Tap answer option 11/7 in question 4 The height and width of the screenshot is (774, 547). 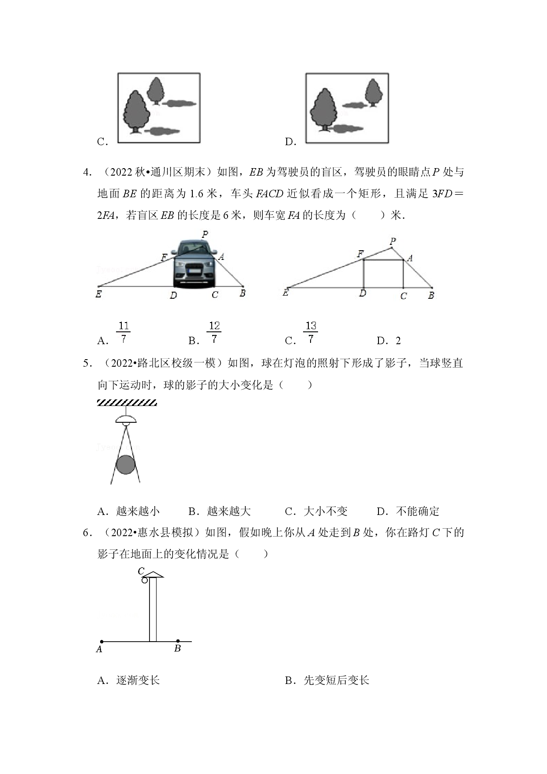click(x=123, y=333)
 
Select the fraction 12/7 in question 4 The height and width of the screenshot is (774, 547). click(x=214, y=333)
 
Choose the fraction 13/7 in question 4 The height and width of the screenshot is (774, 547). click(x=311, y=333)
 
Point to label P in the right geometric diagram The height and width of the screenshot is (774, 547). click(x=393, y=241)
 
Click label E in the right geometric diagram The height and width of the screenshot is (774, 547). click(x=286, y=292)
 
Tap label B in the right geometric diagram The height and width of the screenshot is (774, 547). click(x=431, y=295)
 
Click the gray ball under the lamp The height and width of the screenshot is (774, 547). click(x=125, y=465)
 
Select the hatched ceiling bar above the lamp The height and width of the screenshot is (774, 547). click(x=127, y=402)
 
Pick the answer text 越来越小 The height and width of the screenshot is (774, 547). click(x=138, y=511)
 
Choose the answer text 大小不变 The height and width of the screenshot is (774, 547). click(x=326, y=511)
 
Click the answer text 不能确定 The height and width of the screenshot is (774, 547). click(x=418, y=511)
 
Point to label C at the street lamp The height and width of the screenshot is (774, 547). click(x=141, y=571)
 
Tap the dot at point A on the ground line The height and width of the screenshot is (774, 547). click(x=102, y=642)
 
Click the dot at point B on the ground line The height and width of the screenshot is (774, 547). click(x=178, y=641)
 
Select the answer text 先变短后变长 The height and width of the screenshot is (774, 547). click(x=337, y=680)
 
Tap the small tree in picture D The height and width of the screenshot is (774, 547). click(x=373, y=92)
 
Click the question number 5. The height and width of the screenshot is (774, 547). click(x=87, y=363)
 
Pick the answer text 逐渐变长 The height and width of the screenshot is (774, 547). click(x=138, y=680)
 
